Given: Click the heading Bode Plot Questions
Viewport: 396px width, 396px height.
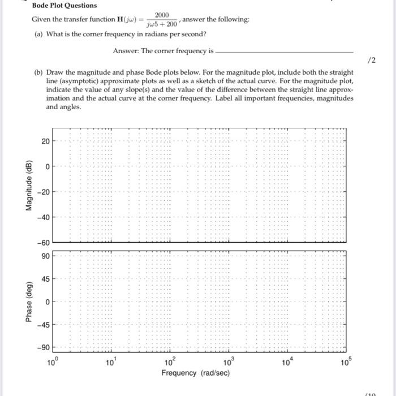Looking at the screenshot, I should (64, 6).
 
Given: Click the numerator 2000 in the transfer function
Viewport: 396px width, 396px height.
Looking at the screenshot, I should (162, 15).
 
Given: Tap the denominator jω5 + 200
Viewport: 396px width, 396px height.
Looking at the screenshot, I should (162, 24).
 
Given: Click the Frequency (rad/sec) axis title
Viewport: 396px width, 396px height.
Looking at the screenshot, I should (196, 373).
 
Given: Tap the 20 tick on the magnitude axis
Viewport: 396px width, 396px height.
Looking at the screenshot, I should (45, 141).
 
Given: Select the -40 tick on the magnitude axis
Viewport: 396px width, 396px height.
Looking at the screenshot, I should (43, 218).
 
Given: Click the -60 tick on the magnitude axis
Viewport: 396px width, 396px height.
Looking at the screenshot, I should (43, 243).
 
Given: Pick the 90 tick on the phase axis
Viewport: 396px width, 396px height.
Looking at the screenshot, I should (45, 256).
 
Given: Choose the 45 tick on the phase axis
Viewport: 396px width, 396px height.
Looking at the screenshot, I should (45, 278).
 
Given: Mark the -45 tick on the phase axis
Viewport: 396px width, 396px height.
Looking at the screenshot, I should (43, 325).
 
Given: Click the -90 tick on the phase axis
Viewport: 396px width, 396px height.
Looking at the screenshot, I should (43, 348).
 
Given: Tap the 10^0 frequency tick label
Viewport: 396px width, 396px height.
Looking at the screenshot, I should (53, 363).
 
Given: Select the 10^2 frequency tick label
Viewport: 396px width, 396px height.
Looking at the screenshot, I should (170, 363).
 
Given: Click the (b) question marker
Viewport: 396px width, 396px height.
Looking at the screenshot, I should (38, 72).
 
